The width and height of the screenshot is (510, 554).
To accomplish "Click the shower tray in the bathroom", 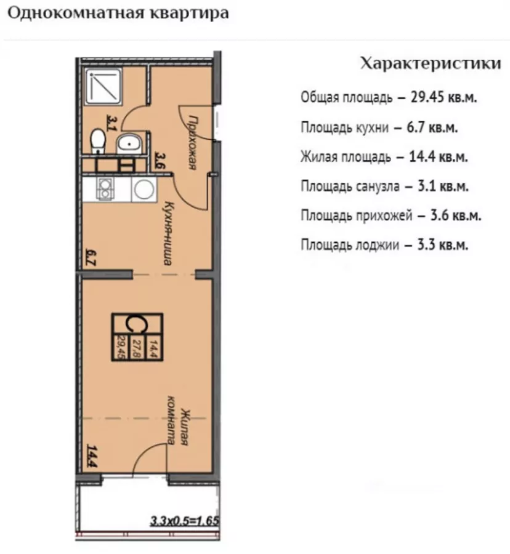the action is coord(104,87).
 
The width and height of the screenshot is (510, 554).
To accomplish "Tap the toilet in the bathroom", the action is coord(99,142).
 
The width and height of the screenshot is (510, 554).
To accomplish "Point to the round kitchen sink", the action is coord(144,190).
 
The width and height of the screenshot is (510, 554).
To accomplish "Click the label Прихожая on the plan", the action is coord(192,142).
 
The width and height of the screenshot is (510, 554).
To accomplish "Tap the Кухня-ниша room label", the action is coord(168,233).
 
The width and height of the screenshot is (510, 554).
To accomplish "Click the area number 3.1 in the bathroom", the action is coord(111,122).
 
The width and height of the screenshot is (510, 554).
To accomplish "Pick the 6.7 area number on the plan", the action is coord(91,258).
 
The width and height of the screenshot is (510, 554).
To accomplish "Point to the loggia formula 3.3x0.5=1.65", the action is coord(185,521).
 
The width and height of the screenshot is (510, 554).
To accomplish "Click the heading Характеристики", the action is coord(431,63).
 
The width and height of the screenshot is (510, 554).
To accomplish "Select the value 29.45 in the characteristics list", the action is coord(427,97).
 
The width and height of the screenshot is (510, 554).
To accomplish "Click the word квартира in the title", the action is coord(190,14).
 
